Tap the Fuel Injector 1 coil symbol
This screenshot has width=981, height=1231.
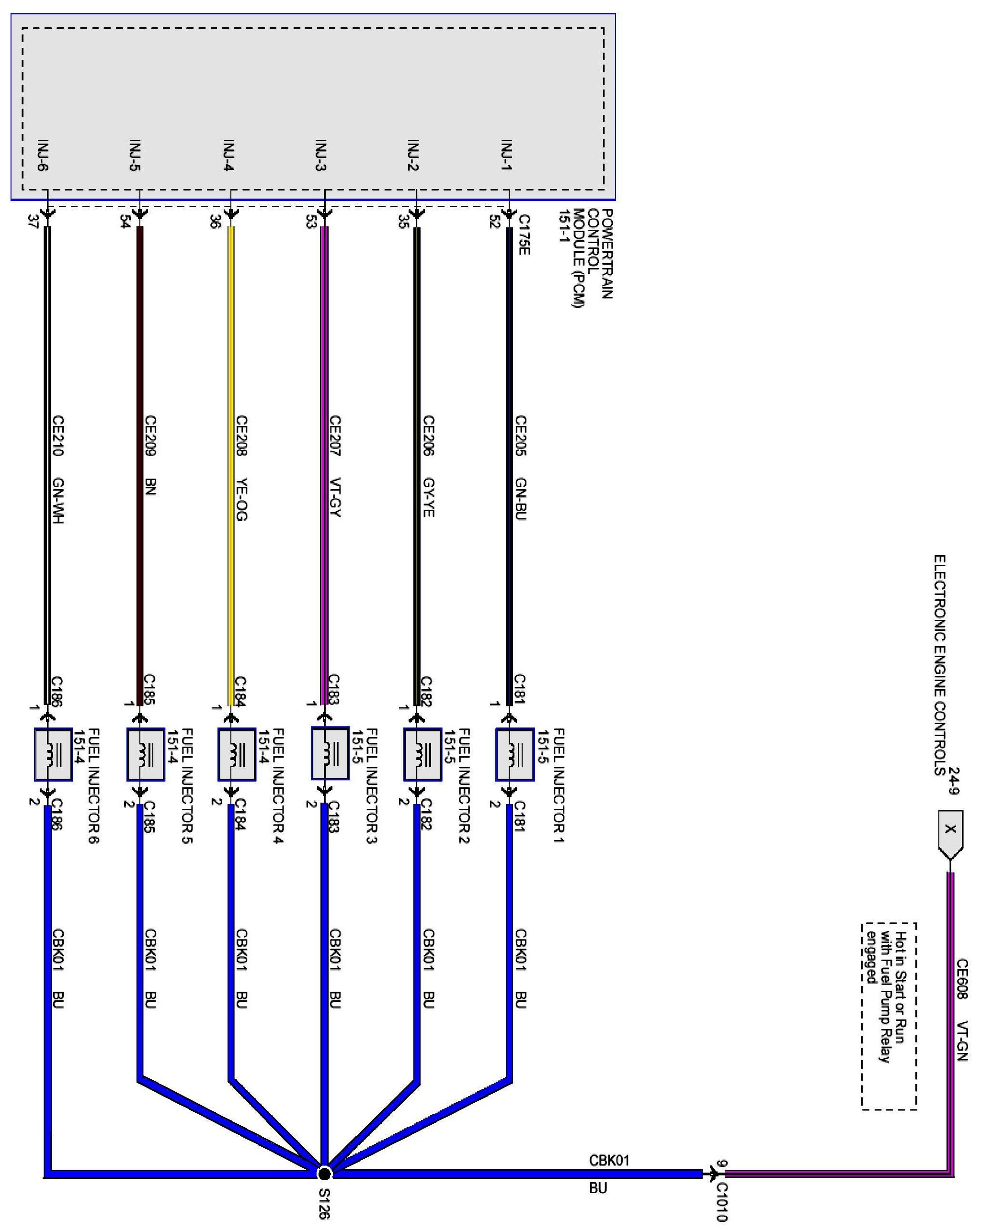coord(515,754)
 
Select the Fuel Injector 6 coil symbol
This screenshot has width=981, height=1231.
coord(53,754)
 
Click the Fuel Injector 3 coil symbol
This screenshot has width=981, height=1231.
coord(330,754)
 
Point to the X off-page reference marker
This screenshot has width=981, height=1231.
coord(950,829)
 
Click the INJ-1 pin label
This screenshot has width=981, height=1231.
coord(506,155)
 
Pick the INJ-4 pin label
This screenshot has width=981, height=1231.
coord(229,155)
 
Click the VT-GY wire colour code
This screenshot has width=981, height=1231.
coord(335,497)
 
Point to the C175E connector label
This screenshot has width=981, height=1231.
coord(524,235)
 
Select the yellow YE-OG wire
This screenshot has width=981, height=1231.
coord(231,457)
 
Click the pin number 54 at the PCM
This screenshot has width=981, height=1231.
coord(125,221)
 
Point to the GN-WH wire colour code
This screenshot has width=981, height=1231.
coord(57,500)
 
